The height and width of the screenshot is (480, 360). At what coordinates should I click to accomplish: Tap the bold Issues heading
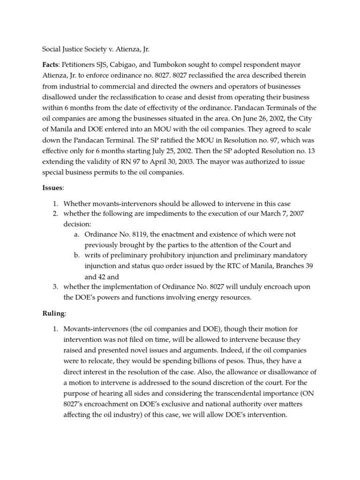coord(52,187)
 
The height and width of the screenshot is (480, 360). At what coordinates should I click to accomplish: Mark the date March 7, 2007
coord(296,214)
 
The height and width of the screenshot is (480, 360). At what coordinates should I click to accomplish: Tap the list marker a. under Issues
coord(76,233)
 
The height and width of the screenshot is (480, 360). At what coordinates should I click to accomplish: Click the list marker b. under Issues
coord(77,255)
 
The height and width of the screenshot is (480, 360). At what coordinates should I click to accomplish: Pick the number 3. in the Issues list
coord(55,286)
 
